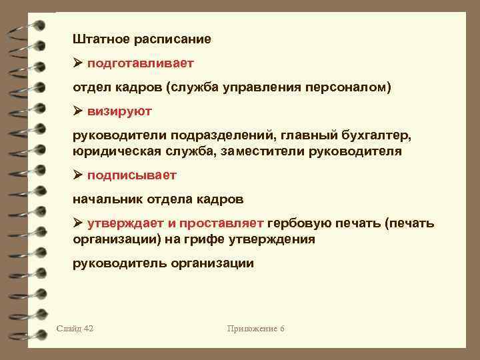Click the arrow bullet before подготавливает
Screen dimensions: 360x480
point(78,63)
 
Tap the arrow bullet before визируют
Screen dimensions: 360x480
point(78,111)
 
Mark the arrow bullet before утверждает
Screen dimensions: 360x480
point(78,223)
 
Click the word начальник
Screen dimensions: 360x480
point(107,199)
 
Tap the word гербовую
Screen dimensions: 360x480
point(302,223)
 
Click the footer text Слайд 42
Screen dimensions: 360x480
point(75,329)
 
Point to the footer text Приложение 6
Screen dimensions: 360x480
point(256,329)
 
